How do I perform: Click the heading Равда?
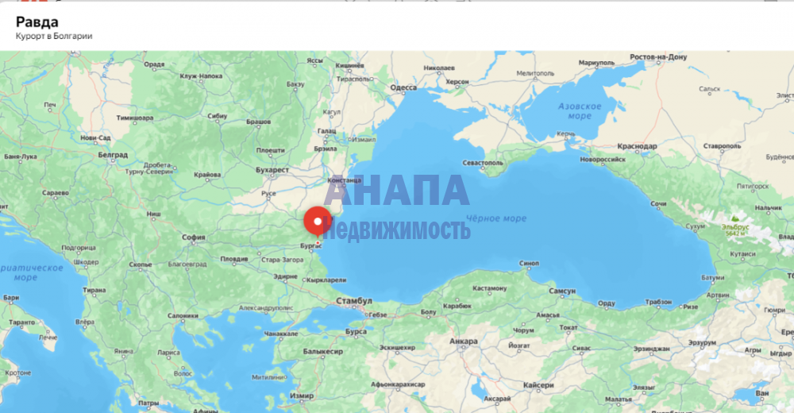point(37,21)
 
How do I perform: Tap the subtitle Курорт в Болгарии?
point(54,37)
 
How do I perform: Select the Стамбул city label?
point(353,302)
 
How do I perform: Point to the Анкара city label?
point(464,342)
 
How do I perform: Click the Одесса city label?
point(404,87)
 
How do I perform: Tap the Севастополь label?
point(483,163)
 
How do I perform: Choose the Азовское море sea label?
point(580,110)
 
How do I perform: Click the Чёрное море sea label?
point(496,218)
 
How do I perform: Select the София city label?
point(194,236)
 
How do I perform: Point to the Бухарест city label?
point(272,170)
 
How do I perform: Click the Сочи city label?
point(659,203)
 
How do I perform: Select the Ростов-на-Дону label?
point(657,57)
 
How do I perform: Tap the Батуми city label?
point(712,278)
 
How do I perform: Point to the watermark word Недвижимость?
point(396,230)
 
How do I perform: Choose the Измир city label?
point(302,395)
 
